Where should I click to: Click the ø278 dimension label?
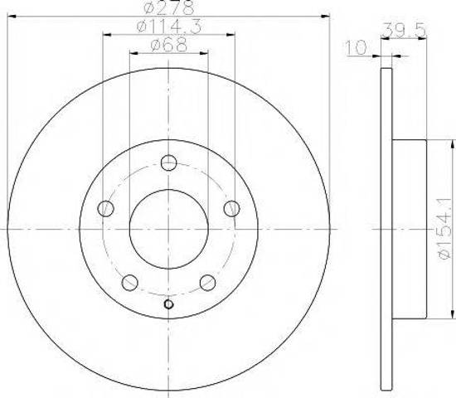coord(168,7)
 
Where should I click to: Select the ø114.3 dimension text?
coord(169,27)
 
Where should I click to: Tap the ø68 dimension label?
coord(168,45)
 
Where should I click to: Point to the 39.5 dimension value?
coord(405,30)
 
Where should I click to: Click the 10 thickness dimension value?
coord(357,48)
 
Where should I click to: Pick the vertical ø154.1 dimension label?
coord(444,228)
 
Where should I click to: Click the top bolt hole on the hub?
coord(168,163)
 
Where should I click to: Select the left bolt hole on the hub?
coord(105,208)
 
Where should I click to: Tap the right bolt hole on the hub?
coord(232,208)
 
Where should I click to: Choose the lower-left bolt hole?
coord(129,282)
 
